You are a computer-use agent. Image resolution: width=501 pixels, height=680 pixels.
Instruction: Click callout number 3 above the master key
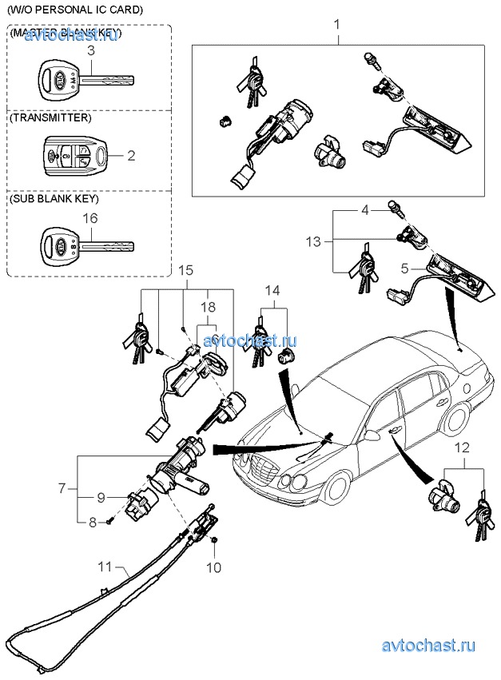(x=91, y=50)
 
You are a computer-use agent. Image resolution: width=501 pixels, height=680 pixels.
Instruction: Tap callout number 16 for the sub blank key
(x=91, y=217)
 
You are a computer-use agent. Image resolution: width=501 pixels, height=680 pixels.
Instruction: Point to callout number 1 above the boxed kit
(x=336, y=25)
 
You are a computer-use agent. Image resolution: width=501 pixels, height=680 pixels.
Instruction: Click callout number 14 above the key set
(x=272, y=289)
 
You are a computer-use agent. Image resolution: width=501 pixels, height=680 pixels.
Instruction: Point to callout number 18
(x=209, y=307)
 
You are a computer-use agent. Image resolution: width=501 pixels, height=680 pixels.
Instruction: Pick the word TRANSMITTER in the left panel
(x=50, y=117)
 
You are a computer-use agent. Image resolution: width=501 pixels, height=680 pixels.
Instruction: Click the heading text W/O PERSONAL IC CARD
(x=76, y=10)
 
